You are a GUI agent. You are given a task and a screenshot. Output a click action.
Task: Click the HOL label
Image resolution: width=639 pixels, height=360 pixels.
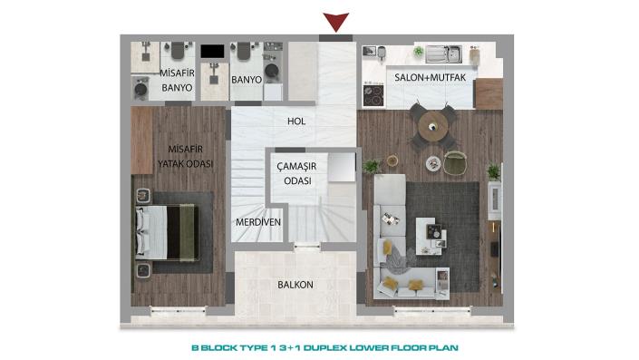click(x=295, y=119)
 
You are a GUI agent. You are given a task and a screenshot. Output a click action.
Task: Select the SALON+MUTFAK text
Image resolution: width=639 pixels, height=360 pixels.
click(x=430, y=78)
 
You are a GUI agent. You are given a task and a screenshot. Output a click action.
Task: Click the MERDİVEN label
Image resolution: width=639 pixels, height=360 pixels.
click(x=257, y=222)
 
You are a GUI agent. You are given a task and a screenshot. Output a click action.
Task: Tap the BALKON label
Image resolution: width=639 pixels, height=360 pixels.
click(x=295, y=285)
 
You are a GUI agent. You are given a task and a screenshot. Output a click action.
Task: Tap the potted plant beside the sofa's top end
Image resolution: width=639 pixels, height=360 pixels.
click(x=371, y=167)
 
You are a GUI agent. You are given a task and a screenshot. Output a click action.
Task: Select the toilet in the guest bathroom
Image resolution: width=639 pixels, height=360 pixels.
click(x=178, y=53)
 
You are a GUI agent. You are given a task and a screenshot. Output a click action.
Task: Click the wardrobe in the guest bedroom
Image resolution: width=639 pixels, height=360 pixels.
click(x=141, y=140)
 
